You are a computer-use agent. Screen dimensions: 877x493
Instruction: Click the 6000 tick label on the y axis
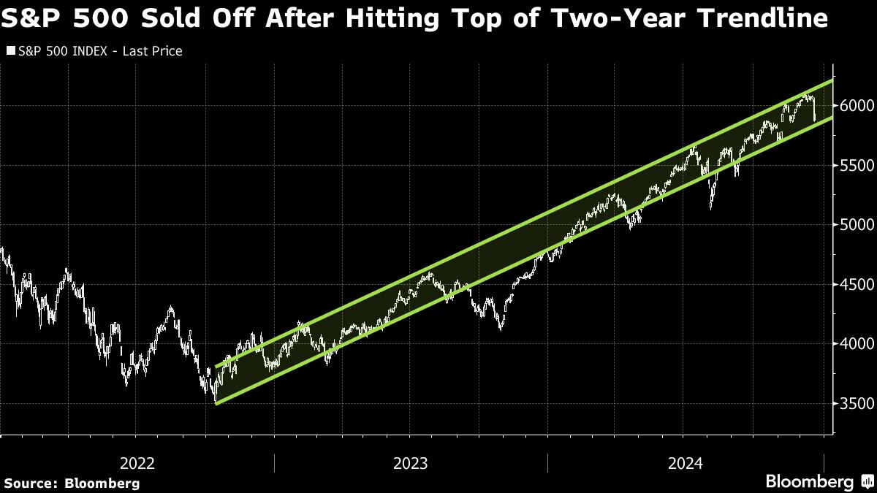point(857,106)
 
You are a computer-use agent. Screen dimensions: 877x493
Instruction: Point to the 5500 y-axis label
point(857,166)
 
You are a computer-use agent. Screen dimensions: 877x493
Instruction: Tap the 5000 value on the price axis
point(857,225)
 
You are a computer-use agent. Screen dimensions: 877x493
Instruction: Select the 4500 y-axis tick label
point(857,284)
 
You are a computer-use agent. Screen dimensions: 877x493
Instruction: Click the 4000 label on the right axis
point(857,344)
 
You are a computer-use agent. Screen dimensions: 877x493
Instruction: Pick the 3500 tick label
point(857,403)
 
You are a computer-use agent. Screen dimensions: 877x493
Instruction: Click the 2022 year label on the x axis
point(137,464)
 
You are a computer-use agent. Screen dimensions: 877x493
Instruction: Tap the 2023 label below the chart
point(410,464)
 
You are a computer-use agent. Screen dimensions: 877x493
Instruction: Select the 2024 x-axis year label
point(686,464)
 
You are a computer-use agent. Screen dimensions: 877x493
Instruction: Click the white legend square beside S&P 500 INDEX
point(11,51)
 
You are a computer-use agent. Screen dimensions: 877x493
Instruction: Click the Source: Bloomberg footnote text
point(72,484)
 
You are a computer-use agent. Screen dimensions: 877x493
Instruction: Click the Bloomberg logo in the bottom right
point(810,481)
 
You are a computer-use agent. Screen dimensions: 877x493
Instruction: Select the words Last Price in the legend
point(152,51)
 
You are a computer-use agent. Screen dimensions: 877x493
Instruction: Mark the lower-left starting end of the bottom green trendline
point(216,404)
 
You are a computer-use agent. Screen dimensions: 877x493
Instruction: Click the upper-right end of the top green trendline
point(832,81)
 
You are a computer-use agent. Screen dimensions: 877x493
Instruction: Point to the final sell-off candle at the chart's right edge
point(814,111)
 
